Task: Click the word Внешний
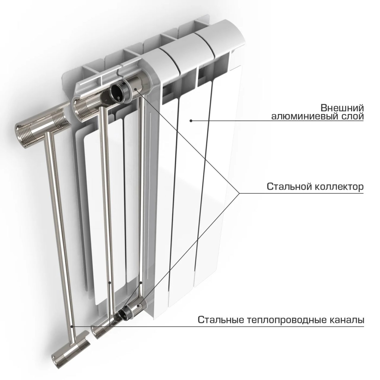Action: [x=342, y=108]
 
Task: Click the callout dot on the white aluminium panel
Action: [x=191, y=121]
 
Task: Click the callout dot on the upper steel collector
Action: [x=136, y=89]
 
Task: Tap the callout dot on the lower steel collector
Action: [x=139, y=306]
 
